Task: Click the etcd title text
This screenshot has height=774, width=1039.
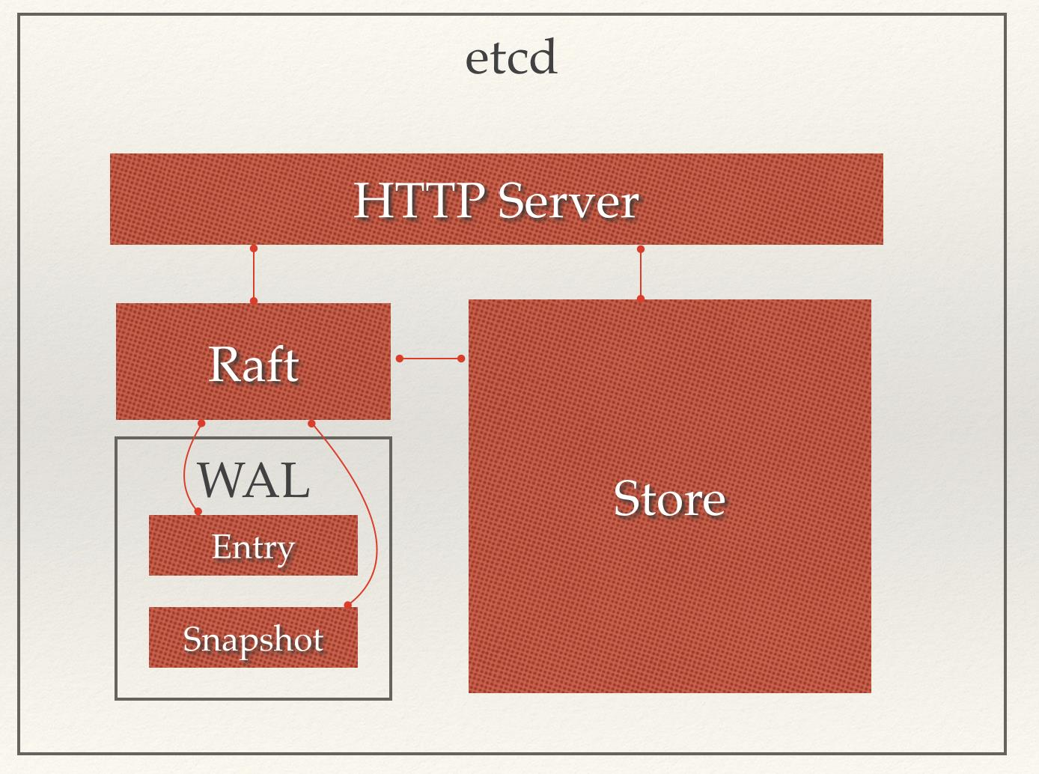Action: pyautogui.click(x=511, y=58)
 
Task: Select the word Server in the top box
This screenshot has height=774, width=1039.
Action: pyautogui.click(x=568, y=201)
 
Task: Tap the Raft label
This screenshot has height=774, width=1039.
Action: pyautogui.click(x=253, y=365)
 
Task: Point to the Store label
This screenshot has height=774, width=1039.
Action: pyautogui.click(x=669, y=499)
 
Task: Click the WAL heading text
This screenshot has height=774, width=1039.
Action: pyautogui.click(x=253, y=481)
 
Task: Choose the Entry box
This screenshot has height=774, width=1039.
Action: pyautogui.click(x=253, y=546)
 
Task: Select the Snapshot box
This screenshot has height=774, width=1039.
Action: pyautogui.click(x=253, y=639)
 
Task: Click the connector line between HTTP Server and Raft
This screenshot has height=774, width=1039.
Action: pyautogui.click(x=254, y=275)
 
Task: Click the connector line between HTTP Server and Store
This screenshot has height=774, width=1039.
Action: pyautogui.click(x=640, y=274)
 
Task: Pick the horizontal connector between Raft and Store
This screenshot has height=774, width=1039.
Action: pyautogui.click(x=430, y=359)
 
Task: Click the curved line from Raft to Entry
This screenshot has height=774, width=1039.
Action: pyautogui.click(x=185, y=472)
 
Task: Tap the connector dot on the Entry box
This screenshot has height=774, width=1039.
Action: pyautogui.click(x=198, y=511)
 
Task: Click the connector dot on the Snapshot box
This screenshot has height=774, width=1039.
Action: pyautogui.click(x=347, y=604)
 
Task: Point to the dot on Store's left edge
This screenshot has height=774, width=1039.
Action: pyautogui.click(x=461, y=359)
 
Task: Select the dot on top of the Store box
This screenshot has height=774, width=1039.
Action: pyautogui.click(x=640, y=298)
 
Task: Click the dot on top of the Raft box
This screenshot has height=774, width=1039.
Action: pyautogui.click(x=254, y=301)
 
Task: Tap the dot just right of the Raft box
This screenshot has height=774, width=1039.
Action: pyautogui.click(x=400, y=359)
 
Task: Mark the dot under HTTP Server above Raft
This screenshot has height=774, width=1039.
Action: pyautogui.click(x=254, y=248)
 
